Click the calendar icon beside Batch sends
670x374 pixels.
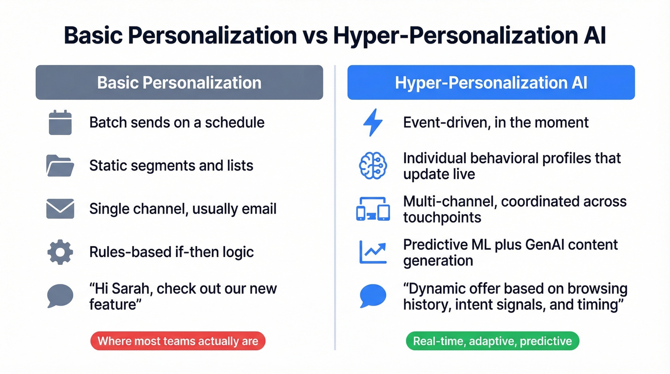60,122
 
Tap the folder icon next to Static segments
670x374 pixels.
60,166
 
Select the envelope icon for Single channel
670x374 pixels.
60,209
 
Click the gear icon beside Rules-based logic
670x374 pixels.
60,252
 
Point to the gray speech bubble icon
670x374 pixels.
60,295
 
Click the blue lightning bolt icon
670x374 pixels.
373,122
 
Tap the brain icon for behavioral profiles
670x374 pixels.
373,166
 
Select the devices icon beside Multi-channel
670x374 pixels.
373,210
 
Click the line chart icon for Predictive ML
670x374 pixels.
373,252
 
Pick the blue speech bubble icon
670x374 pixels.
373,295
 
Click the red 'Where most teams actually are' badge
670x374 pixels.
178,341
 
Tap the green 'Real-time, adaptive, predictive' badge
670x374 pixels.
492,341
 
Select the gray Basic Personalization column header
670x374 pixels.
179,82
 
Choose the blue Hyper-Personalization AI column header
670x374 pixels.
491,82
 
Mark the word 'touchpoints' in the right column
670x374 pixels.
442,217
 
